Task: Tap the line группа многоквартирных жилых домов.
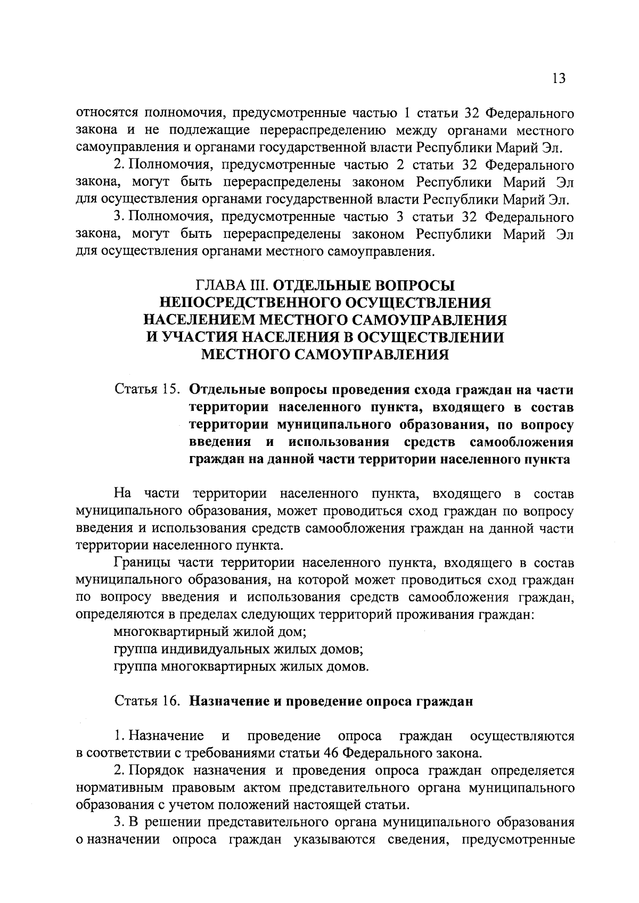coord(241,666)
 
